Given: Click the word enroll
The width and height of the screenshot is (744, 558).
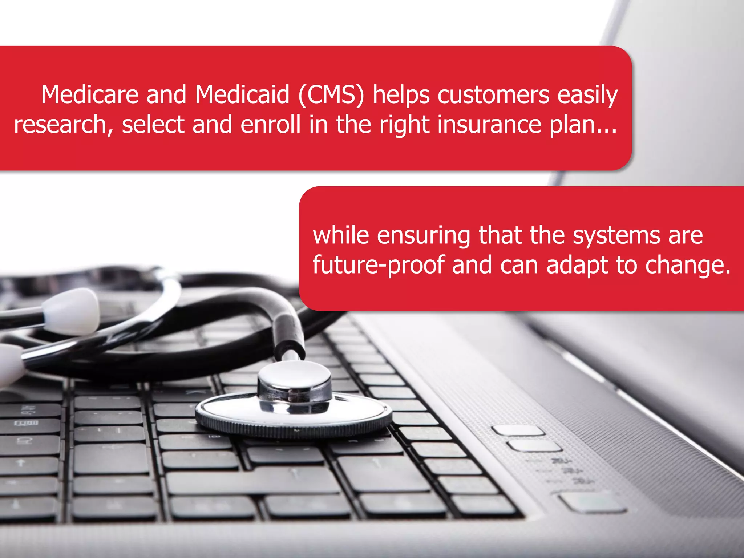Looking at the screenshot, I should point(270,125).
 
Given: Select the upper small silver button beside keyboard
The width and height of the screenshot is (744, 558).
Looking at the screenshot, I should point(518,430).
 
